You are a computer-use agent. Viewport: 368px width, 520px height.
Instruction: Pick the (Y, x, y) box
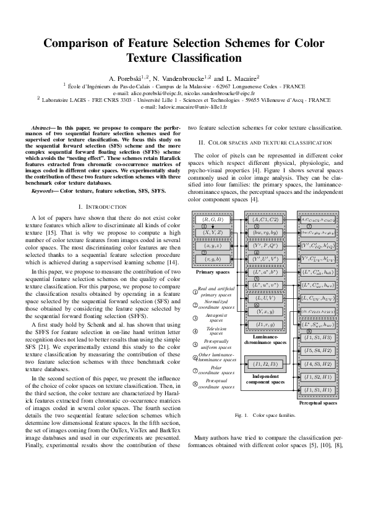tap(266, 311)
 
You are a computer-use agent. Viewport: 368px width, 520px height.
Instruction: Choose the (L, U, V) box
tap(266, 298)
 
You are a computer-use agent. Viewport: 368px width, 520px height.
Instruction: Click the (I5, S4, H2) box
tap(318, 350)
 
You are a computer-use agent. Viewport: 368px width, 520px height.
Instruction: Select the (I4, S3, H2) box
tap(318, 364)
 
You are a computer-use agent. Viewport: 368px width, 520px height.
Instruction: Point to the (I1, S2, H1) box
tap(318, 377)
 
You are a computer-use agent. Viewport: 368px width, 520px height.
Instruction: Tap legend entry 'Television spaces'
tap(215, 332)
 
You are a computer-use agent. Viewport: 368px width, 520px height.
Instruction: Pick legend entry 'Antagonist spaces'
tap(215, 317)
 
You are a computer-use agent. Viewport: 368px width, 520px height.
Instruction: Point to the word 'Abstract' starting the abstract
tap(42, 127)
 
